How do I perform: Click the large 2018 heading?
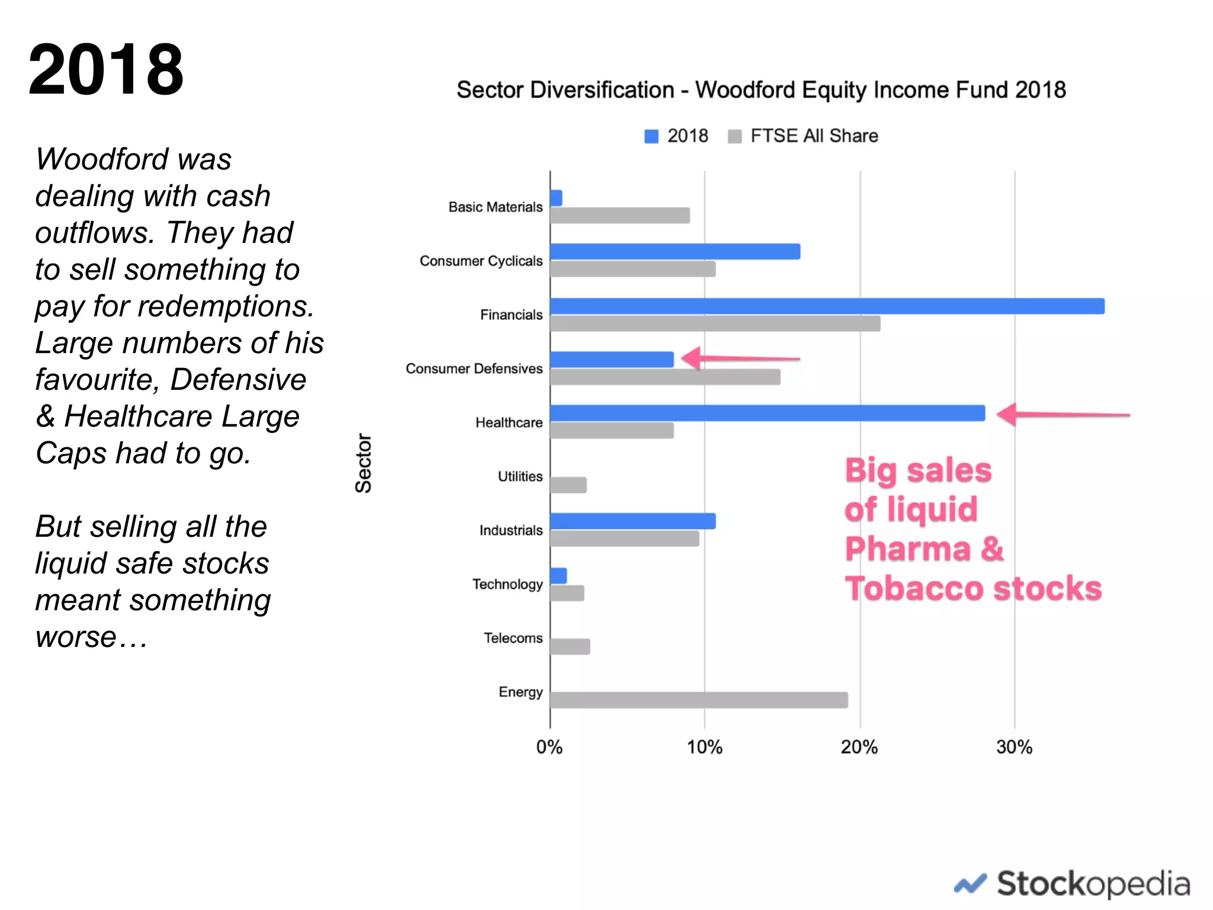(106, 70)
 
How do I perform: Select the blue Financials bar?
(827, 306)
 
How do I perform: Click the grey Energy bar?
(699, 700)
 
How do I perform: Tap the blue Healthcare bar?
(768, 413)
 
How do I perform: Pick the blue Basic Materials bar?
(556, 198)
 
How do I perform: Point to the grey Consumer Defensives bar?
(665, 377)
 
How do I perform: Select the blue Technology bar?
(559, 575)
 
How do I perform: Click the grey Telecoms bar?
(570, 646)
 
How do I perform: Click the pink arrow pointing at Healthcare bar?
(1063, 414)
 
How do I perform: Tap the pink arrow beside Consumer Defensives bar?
(740, 358)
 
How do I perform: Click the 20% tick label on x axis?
(859, 747)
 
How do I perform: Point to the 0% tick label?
(549, 747)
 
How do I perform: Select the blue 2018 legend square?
(652, 136)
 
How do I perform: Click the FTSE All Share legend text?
(814, 136)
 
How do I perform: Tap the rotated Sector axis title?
(363, 463)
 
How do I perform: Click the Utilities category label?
(520, 476)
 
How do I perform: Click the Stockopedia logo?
(1073, 884)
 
